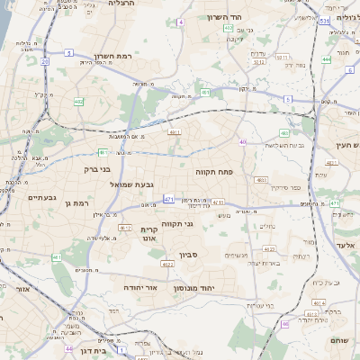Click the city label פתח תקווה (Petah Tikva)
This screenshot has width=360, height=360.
(x=214, y=170)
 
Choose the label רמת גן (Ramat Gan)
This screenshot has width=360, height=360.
(x=80, y=204)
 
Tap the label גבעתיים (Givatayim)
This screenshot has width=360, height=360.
(x=42, y=197)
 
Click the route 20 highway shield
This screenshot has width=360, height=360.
(x=45, y=61)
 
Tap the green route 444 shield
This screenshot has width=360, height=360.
(x=326, y=59)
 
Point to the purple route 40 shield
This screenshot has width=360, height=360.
(x=242, y=141)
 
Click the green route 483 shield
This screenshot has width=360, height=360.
(x=283, y=133)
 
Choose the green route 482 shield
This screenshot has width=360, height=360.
(x=78, y=102)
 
